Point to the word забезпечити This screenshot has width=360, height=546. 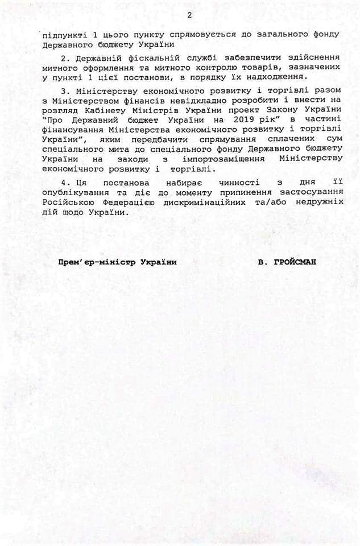[230, 57]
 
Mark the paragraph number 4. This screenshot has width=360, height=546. [63, 184]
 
